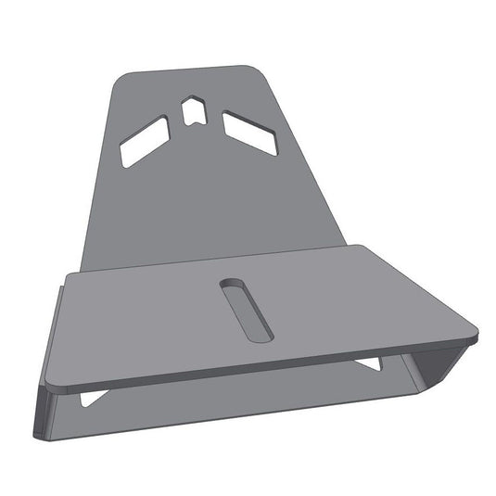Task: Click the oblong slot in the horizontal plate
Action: coord(246,310)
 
